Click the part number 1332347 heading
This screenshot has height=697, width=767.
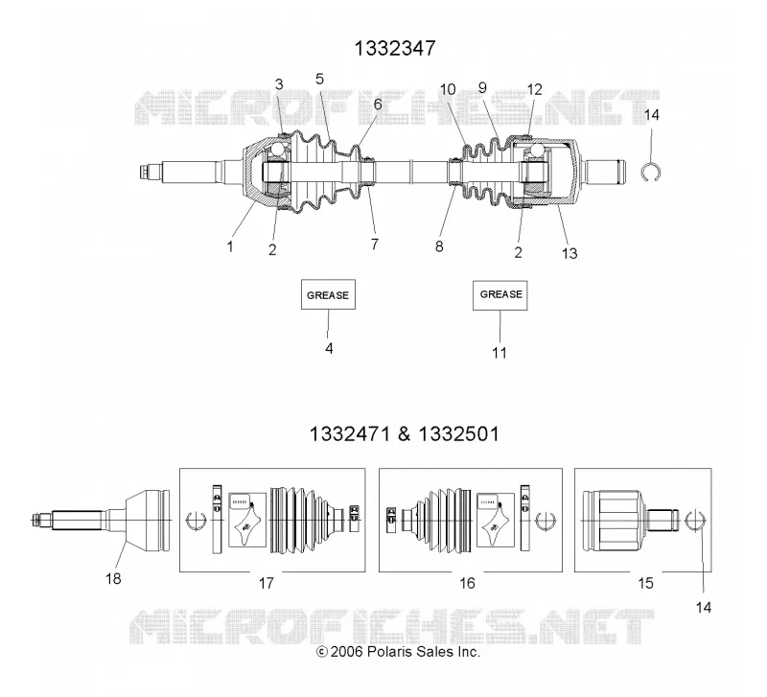click(x=394, y=49)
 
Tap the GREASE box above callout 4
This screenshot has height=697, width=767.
click(x=328, y=294)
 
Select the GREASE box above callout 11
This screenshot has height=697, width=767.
click(x=500, y=295)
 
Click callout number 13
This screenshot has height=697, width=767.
click(x=569, y=253)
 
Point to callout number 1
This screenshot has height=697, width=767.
click(x=230, y=246)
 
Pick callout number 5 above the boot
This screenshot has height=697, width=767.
click(x=319, y=79)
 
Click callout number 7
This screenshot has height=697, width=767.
click(x=374, y=244)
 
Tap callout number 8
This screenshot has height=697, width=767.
click(x=439, y=246)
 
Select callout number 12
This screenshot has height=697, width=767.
click(x=535, y=89)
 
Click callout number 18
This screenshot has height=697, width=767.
click(x=113, y=579)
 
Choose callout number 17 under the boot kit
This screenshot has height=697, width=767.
click(x=267, y=583)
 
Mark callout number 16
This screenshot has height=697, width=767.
click(x=467, y=583)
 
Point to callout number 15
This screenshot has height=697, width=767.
click(x=645, y=583)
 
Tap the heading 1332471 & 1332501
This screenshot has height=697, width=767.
click(x=404, y=434)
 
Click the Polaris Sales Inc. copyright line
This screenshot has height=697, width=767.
click(x=398, y=652)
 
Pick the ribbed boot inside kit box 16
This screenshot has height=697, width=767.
click(x=436, y=521)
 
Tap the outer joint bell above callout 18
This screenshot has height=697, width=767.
click(x=147, y=521)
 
